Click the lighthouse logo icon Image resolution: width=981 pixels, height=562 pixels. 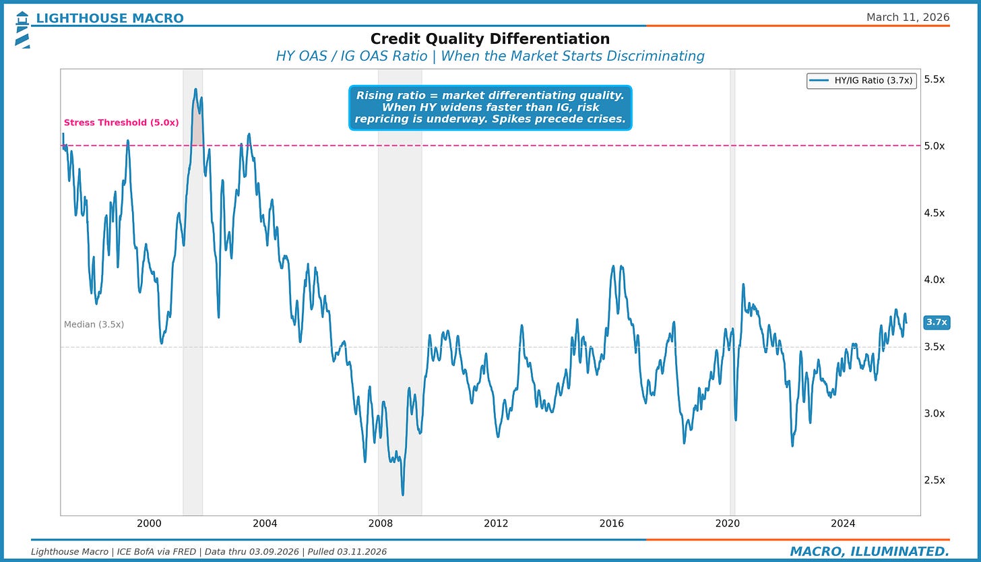22,30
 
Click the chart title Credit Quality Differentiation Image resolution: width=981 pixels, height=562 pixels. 490,39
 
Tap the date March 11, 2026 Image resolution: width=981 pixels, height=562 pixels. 908,17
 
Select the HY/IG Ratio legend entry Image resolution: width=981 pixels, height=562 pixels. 862,81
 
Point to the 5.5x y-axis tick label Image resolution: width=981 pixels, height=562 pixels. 934,80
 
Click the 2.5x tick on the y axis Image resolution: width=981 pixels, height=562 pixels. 934,480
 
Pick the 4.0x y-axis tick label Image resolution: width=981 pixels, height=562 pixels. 934,280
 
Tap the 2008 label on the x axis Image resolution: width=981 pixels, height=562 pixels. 380,524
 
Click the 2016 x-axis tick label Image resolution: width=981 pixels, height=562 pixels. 611,524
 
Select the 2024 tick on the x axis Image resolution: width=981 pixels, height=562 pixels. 843,524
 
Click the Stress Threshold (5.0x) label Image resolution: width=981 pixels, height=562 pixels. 121,123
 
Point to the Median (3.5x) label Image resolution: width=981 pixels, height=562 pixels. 94,325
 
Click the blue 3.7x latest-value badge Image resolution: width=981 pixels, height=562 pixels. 937,322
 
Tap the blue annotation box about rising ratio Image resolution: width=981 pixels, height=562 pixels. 490,107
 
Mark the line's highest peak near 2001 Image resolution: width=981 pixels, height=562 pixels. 195,89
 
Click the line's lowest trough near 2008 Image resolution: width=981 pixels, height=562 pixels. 403,495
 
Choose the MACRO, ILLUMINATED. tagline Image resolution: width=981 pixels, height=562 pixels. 869,551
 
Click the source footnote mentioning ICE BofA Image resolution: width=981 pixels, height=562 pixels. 208,552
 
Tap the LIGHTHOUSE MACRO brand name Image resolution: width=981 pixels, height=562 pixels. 109,18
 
